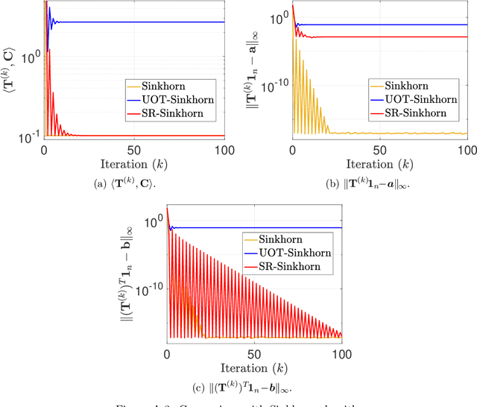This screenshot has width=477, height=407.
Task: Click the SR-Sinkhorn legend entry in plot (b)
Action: tap(412, 113)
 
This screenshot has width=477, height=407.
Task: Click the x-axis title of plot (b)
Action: tap(379, 163)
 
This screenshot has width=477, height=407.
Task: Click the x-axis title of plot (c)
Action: tap(254, 367)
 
